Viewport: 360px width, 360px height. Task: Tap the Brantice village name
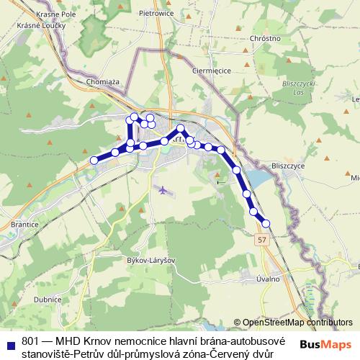(x=25, y=225)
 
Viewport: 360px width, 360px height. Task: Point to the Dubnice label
(x=48, y=300)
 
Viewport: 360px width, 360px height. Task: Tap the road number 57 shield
(x=262, y=240)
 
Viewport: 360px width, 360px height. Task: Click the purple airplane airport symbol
(x=164, y=191)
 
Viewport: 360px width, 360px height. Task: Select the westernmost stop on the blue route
(x=94, y=160)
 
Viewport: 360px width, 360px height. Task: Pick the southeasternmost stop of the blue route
(x=266, y=223)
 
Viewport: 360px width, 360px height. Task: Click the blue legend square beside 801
(x=12, y=342)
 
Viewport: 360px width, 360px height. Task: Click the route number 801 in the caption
(x=31, y=339)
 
